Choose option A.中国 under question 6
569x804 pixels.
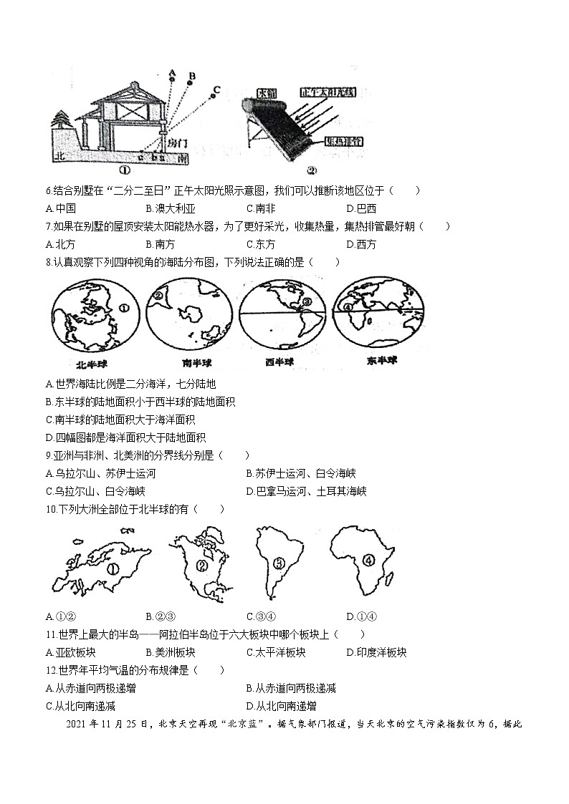point(60,208)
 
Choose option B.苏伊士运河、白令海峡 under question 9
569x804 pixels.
point(300,473)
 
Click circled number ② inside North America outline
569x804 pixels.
point(201,566)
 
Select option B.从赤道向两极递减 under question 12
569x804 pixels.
point(290,688)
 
